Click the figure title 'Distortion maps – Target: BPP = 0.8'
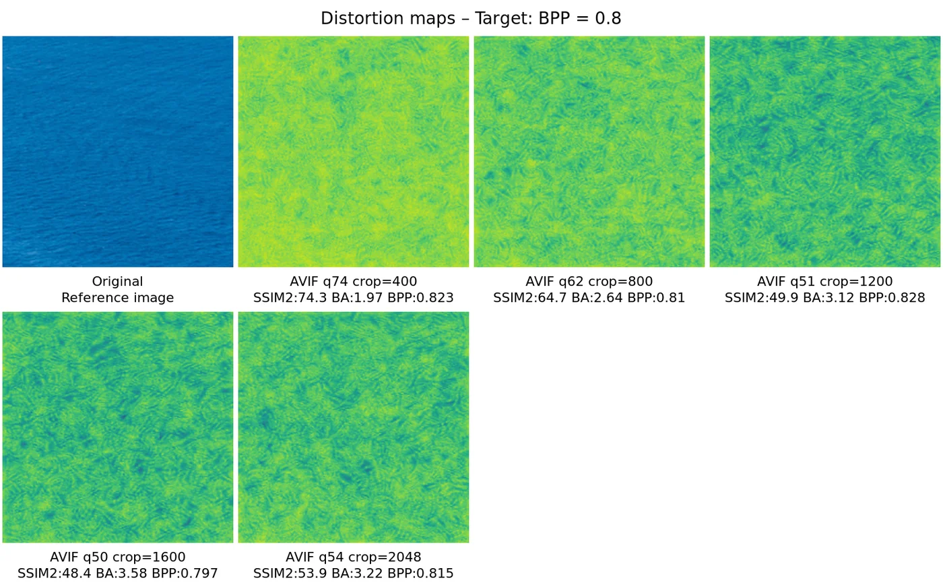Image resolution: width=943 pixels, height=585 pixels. pyautogui.click(x=471, y=18)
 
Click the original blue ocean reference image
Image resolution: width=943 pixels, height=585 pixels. pyautogui.click(x=118, y=152)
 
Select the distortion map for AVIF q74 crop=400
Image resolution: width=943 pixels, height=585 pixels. pyautogui.click(x=354, y=152)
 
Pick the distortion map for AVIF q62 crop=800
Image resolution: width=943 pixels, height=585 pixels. pyautogui.click(x=589, y=152)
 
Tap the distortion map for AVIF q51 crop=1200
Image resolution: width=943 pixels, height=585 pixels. pyautogui.click(x=825, y=152)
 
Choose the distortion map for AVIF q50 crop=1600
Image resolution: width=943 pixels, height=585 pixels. pyautogui.click(x=118, y=427)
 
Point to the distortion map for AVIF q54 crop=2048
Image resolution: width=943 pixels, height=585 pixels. pyautogui.click(x=354, y=427)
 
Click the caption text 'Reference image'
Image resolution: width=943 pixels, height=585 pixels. pyautogui.click(x=118, y=298)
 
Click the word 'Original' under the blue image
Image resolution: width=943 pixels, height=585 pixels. pyautogui.click(x=118, y=282)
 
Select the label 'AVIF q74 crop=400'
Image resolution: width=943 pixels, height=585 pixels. pyautogui.click(x=354, y=282)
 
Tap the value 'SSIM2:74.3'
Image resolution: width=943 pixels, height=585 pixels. pyautogui.click(x=284, y=298)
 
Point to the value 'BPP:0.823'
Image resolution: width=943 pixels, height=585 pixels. pyautogui.click(x=424, y=298)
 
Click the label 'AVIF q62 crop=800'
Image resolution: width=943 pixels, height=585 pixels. pyautogui.click(x=589, y=282)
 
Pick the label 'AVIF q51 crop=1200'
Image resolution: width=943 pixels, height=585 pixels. pyautogui.click(x=825, y=282)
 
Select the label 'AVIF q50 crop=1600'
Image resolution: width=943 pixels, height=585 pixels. pyautogui.click(x=118, y=557)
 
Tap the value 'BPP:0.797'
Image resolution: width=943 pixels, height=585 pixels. pyautogui.click(x=189, y=574)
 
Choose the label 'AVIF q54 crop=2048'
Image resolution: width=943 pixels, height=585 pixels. pyautogui.click(x=354, y=557)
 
